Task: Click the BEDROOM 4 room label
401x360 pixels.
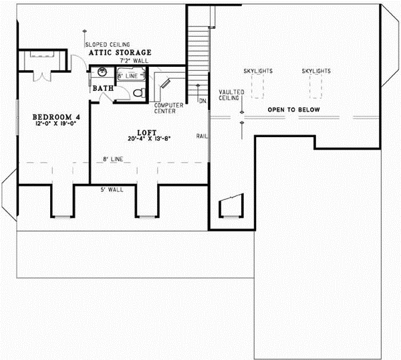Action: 56,117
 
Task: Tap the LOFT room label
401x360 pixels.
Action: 147,132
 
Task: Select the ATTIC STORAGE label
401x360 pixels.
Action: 120,52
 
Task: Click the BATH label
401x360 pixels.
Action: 103,88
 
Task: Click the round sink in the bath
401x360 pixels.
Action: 102,72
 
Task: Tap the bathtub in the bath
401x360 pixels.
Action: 131,74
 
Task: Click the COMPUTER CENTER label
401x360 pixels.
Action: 168,108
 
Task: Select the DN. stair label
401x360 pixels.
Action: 203,101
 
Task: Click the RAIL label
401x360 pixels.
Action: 202,137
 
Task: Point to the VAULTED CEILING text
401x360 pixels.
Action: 231,95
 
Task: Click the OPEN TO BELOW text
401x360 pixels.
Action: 294,110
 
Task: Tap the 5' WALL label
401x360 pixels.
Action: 112,190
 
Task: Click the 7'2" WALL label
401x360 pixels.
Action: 134,61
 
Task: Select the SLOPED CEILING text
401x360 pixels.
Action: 108,45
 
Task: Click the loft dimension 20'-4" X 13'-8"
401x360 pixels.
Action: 149,139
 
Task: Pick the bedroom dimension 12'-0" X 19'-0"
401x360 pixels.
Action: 56,123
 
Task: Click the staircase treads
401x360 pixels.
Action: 198,61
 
